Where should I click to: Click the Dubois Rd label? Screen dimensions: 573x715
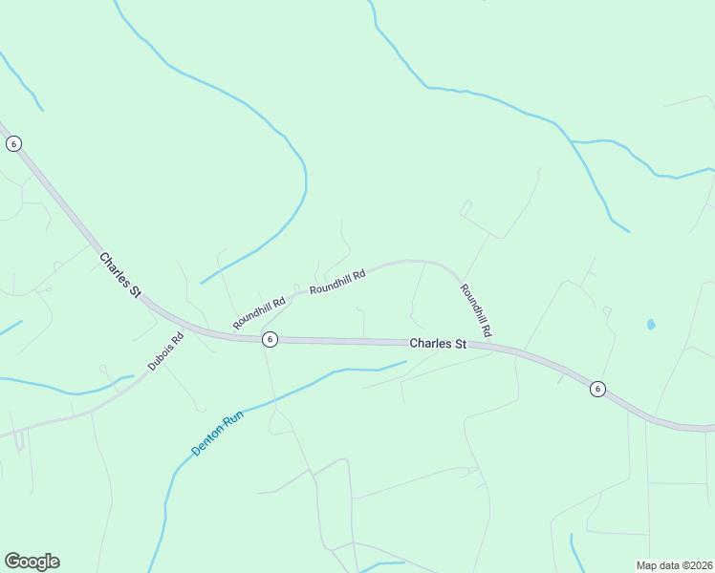click(165, 351)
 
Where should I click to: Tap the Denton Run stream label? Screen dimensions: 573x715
click(218, 433)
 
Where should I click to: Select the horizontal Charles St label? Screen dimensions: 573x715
click(438, 344)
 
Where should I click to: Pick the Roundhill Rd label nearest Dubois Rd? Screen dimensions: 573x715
click(259, 313)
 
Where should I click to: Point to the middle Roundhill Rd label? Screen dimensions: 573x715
click(337, 282)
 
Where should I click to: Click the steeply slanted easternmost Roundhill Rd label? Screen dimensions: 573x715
click(475, 309)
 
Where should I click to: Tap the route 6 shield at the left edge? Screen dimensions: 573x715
click(13, 143)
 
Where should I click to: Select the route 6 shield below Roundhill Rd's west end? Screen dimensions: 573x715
click(271, 339)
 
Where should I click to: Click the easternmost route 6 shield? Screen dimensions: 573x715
click(597, 388)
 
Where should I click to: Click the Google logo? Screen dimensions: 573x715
click(32, 562)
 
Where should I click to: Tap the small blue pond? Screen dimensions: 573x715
click(651, 325)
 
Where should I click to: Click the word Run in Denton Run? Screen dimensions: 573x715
click(232, 418)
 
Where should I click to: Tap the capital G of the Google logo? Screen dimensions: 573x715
click(12, 562)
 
